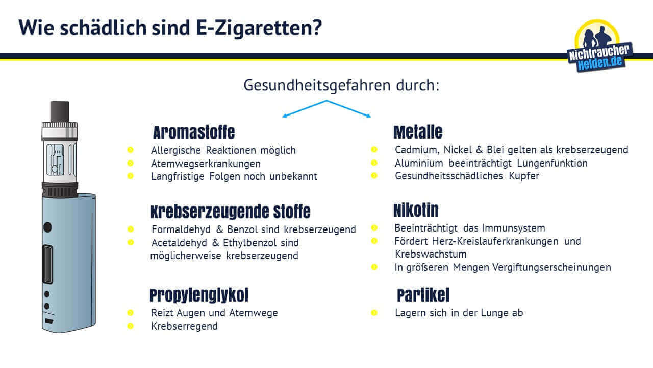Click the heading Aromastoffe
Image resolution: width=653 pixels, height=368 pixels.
pyautogui.click(x=194, y=132)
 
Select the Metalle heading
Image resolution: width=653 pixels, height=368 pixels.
pyautogui.click(x=418, y=132)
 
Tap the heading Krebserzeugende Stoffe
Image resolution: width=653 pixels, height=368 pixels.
pyautogui.click(x=230, y=212)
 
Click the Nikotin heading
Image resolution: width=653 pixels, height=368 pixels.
pyautogui.click(x=416, y=210)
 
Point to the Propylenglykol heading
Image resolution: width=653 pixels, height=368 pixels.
pyautogui.click(x=199, y=295)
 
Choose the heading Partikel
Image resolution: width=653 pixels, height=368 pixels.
pyautogui.click(x=423, y=295)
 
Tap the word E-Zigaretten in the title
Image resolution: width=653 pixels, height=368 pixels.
pyautogui.click(x=259, y=28)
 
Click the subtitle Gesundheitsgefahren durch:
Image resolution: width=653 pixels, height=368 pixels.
pyautogui.click(x=341, y=85)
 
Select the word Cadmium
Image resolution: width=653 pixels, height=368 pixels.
pyautogui.click(x=417, y=150)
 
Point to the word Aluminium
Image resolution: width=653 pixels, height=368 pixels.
pyautogui.click(x=419, y=163)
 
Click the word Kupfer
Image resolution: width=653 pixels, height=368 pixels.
pyautogui.click(x=524, y=176)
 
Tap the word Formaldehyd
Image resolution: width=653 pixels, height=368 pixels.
pyautogui.click(x=181, y=229)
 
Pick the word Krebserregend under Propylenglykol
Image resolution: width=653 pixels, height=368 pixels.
pyautogui.click(x=184, y=326)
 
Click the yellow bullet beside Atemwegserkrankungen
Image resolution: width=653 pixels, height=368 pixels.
pyautogui.click(x=130, y=163)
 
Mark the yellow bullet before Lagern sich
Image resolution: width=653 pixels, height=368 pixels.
pyautogui.click(x=374, y=313)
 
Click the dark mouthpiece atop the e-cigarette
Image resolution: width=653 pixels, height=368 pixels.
pyautogui.click(x=60, y=111)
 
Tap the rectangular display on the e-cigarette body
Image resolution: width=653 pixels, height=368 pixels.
pyautogui.click(x=47, y=265)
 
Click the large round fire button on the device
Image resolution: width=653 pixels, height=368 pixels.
pyautogui.click(x=47, y=227)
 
